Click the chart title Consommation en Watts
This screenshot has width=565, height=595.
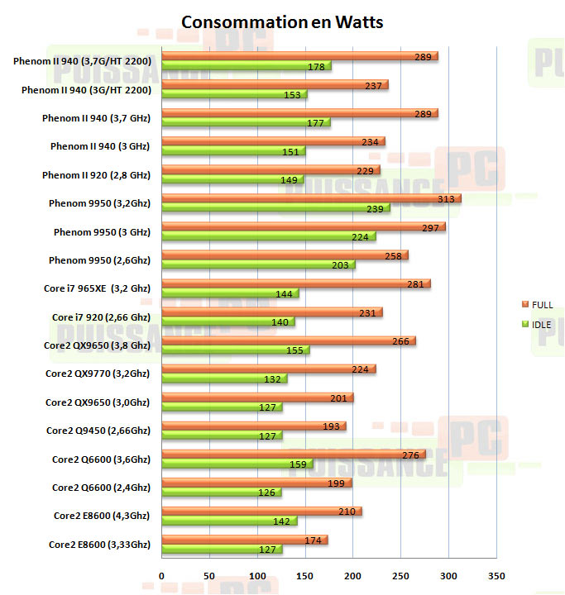point(282,21)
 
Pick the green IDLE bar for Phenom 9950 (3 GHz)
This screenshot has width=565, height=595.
point(269,236)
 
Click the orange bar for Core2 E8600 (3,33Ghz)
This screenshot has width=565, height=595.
point(245,540)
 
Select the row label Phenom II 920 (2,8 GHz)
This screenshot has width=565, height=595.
point(96,174)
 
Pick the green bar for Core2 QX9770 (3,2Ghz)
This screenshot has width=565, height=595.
point(224,378)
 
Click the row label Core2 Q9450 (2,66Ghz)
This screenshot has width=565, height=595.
point(98,430)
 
